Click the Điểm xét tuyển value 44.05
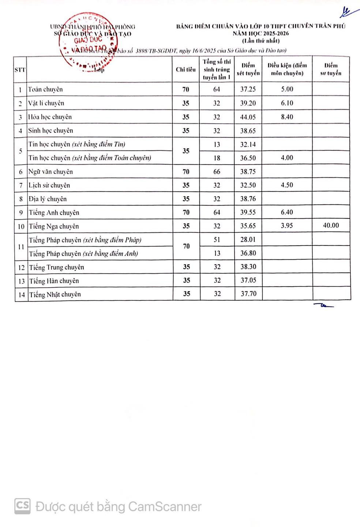tap(248, 117)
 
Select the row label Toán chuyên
tap(45, 89)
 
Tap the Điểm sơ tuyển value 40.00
tap(331, 225)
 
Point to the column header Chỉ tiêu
tap(186, 70)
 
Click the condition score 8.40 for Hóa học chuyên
tap(287, 117)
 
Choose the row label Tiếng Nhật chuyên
tap(55, 294)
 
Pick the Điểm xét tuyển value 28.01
tap(248, 239)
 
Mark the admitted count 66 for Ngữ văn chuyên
tap(217, 172)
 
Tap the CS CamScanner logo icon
tap(22, 506)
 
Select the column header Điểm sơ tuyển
tap(331, 69)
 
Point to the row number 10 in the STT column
tap(21, 227)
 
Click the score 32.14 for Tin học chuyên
tap(248, 145)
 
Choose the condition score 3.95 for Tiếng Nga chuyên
tap(287, 225)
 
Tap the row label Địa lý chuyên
tap(48, 199)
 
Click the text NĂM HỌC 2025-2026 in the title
tap(260, 33)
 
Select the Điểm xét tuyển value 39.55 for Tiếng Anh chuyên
tap(248, 212)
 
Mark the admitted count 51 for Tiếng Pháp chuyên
tap(217, 239)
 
